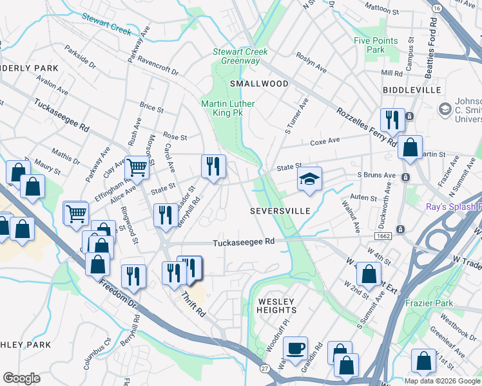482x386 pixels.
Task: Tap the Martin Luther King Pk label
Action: pos(227,108)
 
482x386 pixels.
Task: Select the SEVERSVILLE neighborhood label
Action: pos(280,211)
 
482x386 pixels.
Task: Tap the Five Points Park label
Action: pos(376,45)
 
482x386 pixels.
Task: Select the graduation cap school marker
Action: pos(309,179)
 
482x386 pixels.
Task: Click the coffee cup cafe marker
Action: pos(296,348)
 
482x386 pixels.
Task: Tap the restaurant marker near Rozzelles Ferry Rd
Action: pos(391,120)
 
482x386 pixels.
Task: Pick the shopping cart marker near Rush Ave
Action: pos(137,168)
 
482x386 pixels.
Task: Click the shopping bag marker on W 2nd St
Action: pos(369,273)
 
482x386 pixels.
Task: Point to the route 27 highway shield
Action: pos(265,368)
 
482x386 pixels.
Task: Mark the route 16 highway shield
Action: pos(437,8)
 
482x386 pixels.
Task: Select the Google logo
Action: pos(21,378)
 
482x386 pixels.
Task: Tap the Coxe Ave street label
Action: pos(325,142)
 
